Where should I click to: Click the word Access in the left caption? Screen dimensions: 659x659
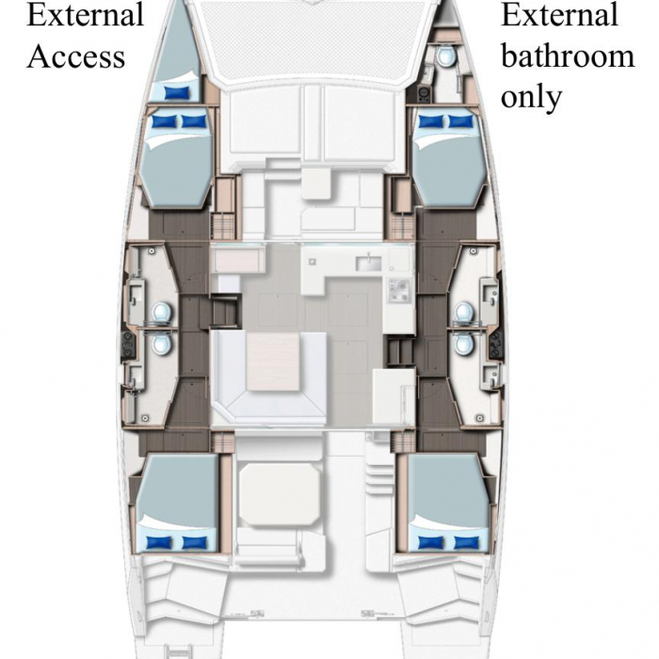(76, 56)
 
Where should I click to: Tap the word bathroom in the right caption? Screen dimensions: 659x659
(568, 56)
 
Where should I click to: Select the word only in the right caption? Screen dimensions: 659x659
(531, 97)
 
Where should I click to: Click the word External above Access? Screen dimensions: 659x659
(86, 15)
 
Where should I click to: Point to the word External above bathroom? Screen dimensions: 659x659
(559, 15)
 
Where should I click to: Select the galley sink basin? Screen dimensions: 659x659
(369, 264)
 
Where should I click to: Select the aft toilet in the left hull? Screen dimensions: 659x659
(162, 342)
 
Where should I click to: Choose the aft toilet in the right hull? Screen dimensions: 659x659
(463, 342)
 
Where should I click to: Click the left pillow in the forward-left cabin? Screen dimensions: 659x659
(164, 121)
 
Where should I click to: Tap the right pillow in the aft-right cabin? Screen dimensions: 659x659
(467, 542)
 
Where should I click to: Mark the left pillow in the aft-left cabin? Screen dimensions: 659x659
(159, 542)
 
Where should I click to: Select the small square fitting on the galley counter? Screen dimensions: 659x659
(313, 262)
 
